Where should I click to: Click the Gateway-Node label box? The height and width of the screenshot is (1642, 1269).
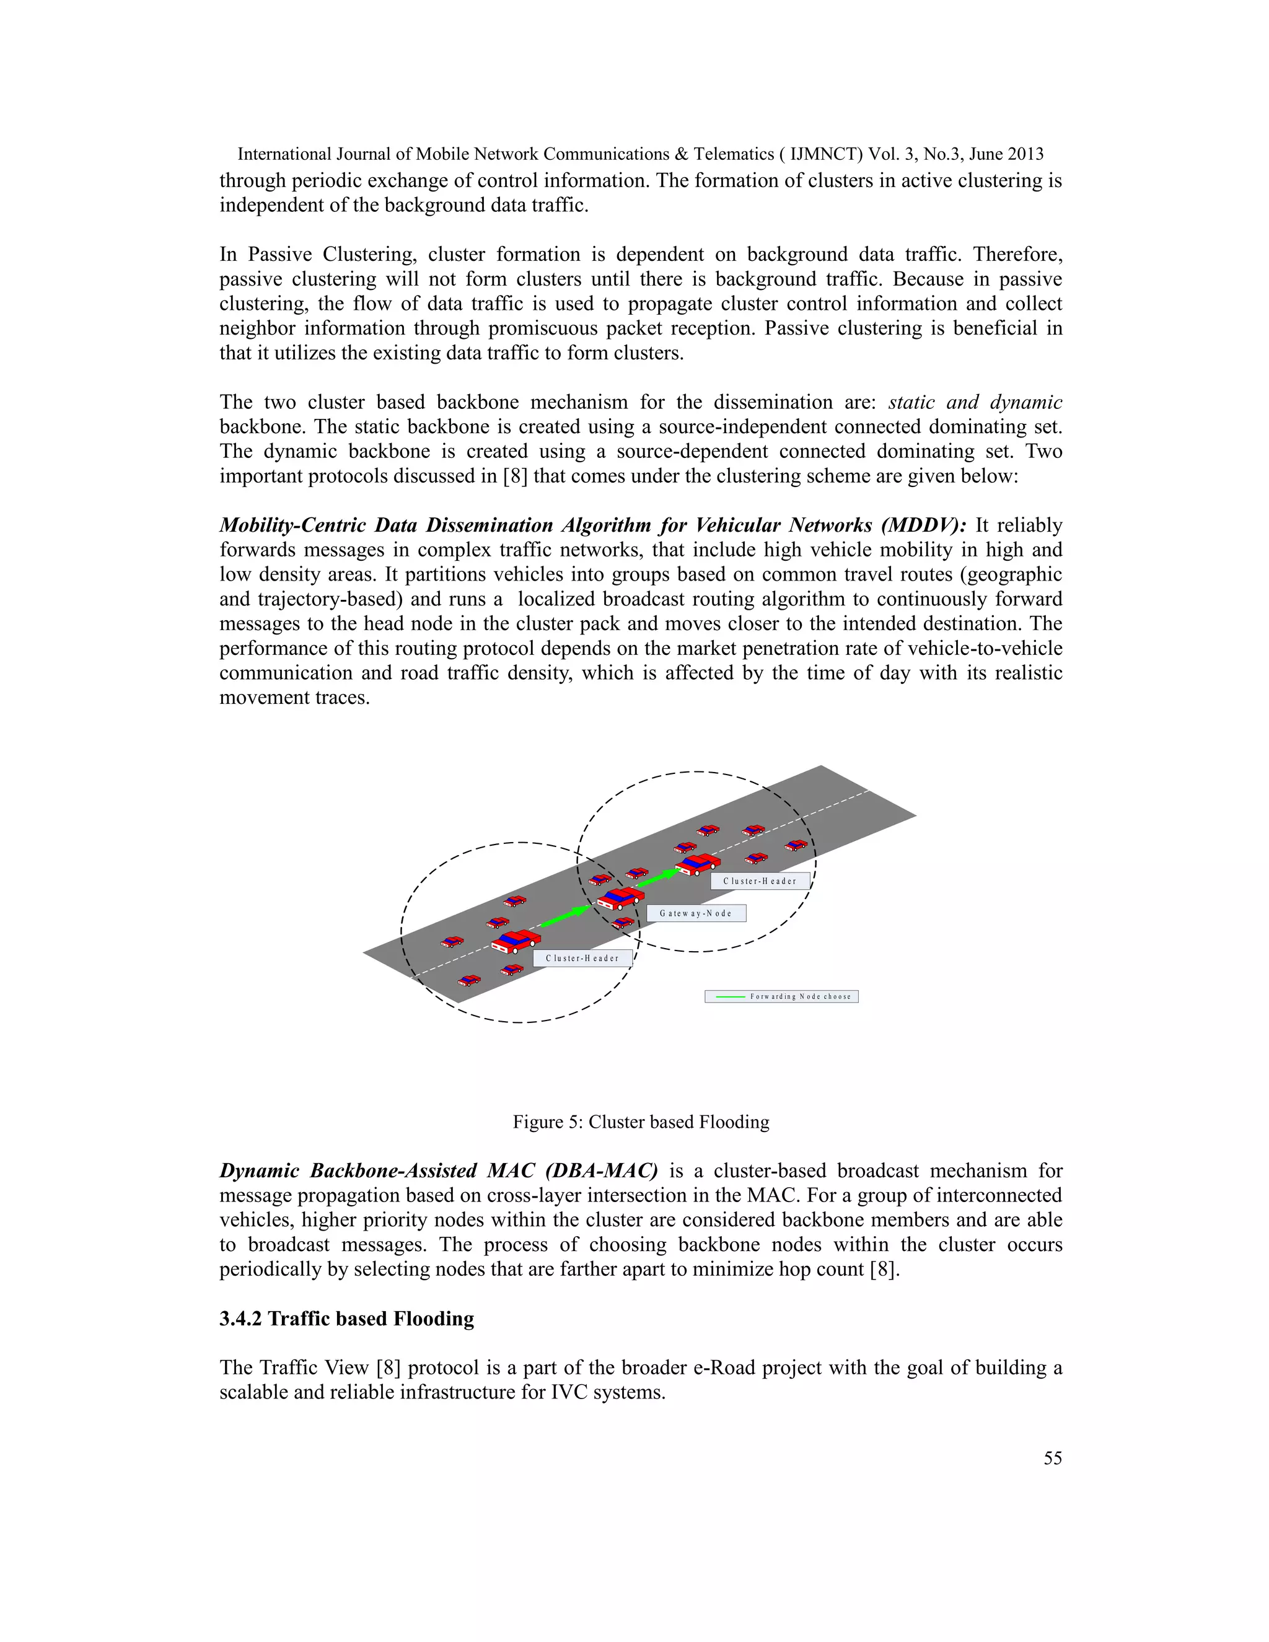[696, 913]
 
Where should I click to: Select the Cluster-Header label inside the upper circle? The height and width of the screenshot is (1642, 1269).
[760, 881]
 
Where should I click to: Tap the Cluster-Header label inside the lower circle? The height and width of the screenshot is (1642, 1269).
[582, 959]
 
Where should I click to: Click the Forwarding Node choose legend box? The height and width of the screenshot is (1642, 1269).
[781, 997]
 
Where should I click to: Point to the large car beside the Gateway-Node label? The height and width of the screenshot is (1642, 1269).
[620, 898]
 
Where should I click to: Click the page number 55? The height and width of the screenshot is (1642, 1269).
[1053, 1459]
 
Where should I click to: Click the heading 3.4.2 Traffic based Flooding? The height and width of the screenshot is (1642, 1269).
[346, 1319]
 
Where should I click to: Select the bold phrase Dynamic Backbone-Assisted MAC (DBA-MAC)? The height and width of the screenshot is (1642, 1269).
[438, 1171]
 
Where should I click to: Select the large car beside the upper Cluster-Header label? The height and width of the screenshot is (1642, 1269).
[698, 864]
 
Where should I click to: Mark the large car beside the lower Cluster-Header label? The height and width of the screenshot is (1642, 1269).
[516, 941]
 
